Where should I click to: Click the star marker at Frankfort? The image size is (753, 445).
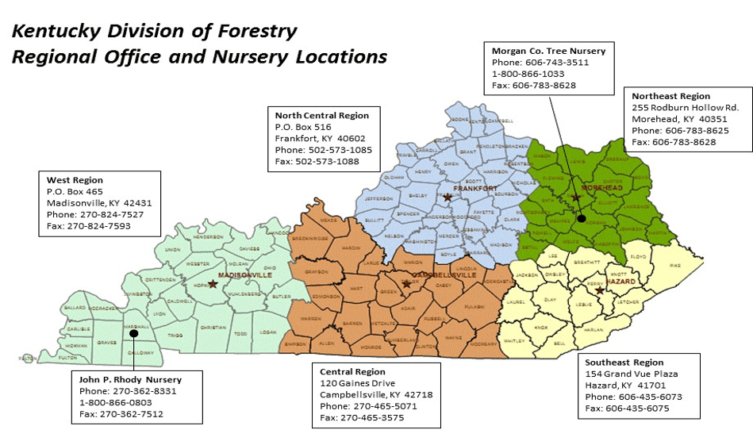tap(448, 196)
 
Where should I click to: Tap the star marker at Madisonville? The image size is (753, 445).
tap(212, 283)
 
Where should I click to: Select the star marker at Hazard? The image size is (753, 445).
tap(599, 290)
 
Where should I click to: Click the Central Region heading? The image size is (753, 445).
tap(352, 371)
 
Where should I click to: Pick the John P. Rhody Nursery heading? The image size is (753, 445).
tap(130, 379)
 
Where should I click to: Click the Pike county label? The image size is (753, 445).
tap(675, 265)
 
